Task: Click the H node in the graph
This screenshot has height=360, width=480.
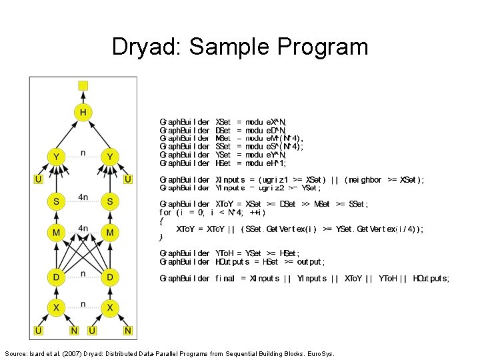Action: tap(83, 113)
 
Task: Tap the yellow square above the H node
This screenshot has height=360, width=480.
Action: tap(83, 85)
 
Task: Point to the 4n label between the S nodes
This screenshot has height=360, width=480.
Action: tap(83, 197)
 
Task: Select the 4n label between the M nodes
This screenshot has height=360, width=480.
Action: tap(83, 229)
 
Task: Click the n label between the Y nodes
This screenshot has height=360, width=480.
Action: tap(83, 153)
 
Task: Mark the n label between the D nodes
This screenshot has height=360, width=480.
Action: tap(83, 273)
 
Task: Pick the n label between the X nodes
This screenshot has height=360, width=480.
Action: tap(83, 304)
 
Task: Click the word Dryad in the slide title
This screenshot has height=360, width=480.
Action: tap(147, 47)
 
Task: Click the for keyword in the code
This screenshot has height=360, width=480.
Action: tap(166, 213)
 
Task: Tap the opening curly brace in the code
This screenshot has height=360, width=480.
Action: tap(161, 221)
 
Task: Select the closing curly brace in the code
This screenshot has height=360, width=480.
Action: tap(161, 237)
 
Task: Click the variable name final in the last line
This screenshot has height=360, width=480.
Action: tap(224, 279)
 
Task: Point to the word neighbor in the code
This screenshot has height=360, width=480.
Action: tap(363, 180)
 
